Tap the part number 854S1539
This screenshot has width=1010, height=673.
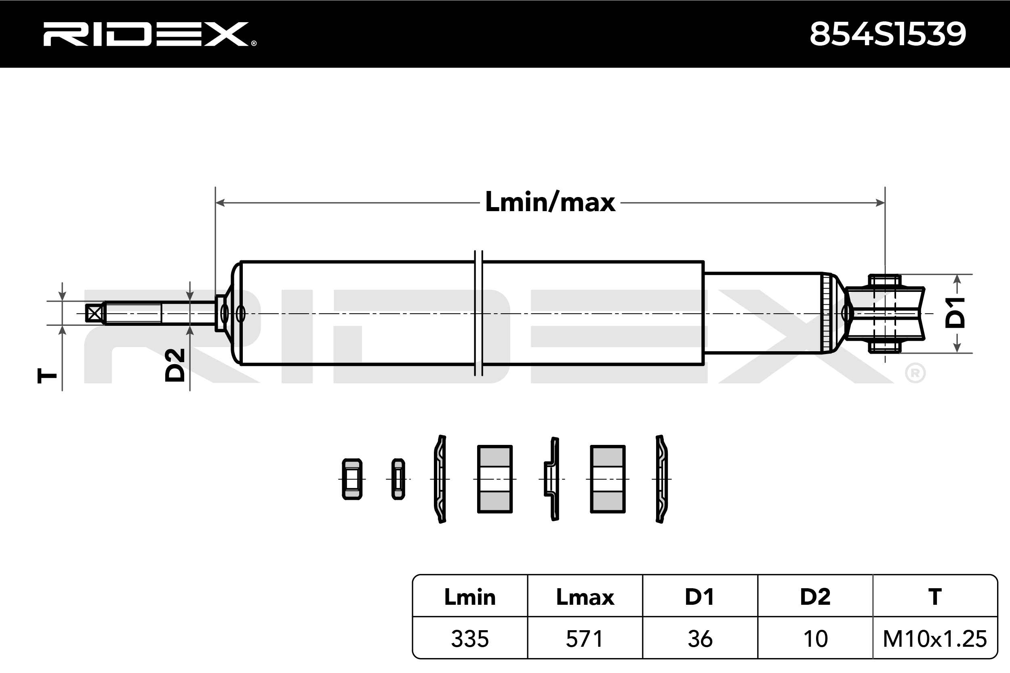888,34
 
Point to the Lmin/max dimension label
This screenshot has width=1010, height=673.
550,202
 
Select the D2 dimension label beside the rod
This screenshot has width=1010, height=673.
175,365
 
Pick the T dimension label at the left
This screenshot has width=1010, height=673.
47,376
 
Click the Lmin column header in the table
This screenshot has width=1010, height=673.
470,597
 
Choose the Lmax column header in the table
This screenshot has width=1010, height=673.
585,597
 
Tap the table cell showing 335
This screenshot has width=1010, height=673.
470,639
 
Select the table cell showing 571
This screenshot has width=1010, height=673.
585,639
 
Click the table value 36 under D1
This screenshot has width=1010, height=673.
700,639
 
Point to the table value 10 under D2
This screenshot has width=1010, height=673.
815,639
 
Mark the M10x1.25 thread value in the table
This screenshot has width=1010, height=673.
935,639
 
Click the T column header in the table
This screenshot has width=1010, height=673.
935,597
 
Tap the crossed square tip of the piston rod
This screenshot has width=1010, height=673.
94,313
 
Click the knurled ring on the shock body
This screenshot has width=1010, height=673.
825,313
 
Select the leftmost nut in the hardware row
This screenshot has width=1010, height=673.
352,479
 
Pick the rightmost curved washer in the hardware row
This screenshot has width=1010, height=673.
662,479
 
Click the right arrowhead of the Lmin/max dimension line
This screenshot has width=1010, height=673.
880,203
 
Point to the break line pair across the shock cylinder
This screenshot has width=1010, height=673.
478,313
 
